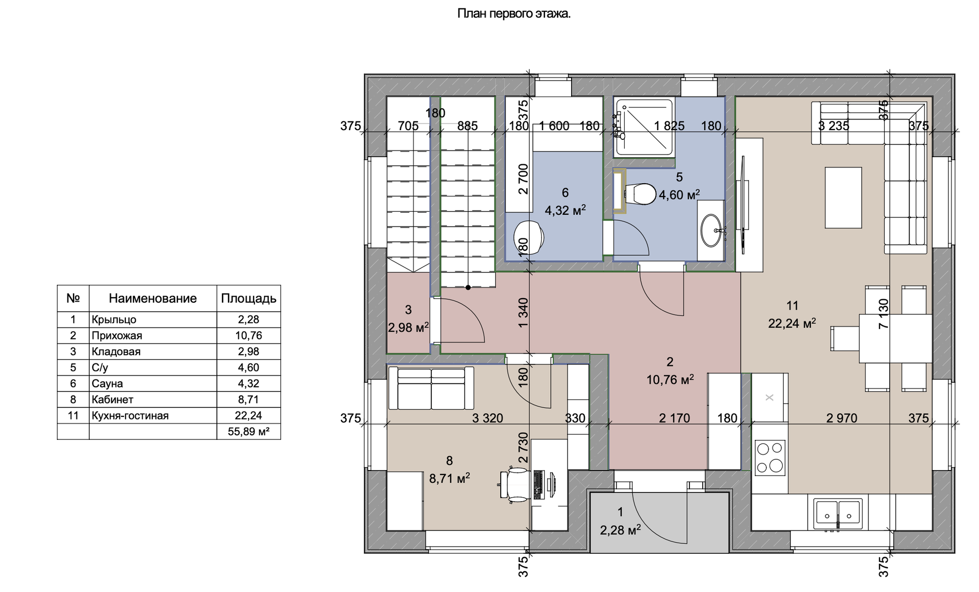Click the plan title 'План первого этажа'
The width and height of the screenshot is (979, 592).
click(513, 14)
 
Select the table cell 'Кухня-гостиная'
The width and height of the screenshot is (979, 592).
click(130, 415)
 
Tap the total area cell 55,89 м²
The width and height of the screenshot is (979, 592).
click(248, 432)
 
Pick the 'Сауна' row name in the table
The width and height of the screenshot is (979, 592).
click(107, 383)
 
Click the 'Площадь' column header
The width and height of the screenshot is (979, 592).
click(248, 299)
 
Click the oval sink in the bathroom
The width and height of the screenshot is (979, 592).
click(711, 231)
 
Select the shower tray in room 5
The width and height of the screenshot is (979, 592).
click(645, 127)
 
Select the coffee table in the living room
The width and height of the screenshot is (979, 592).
click(843, 198)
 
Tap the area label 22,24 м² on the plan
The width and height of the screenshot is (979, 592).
click(792, 323)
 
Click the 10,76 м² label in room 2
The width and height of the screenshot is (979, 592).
click(670, 380)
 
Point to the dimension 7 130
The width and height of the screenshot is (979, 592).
click(884, 313)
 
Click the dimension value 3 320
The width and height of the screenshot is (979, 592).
click(487, 418)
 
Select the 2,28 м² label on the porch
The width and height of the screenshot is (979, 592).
click(620, 530)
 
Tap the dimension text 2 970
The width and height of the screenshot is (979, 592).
click(842, 418)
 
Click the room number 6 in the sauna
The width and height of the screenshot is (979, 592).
click(565, 192)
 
